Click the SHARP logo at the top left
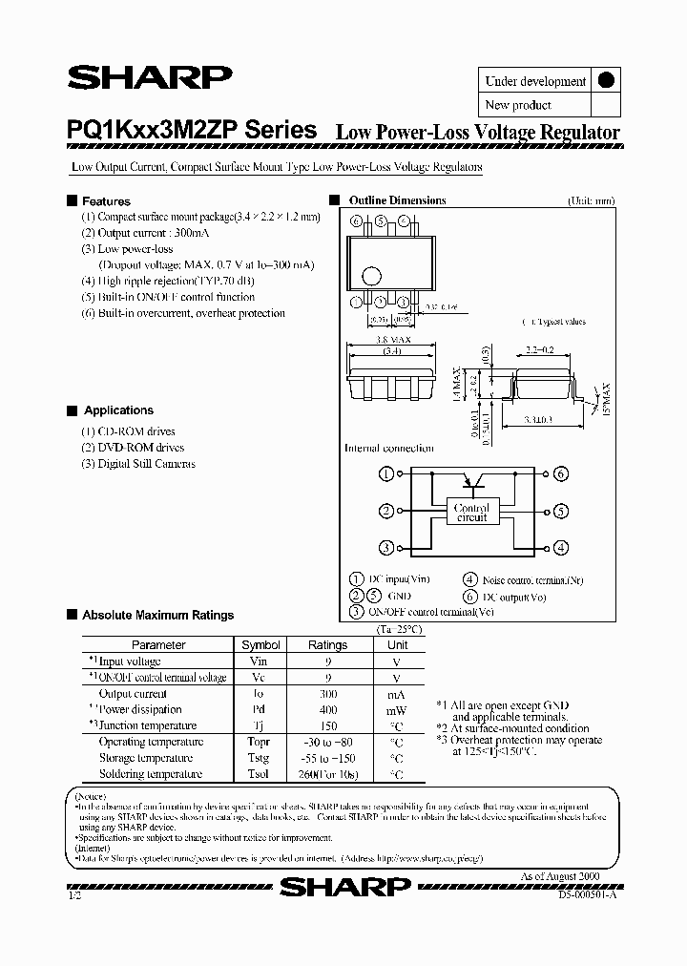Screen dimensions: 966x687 point(148,78)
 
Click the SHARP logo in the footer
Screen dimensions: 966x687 point(345,888)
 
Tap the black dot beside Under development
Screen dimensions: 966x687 point(604,81)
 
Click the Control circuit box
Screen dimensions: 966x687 point(471,513)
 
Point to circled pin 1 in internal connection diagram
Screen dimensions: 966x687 point(386,473)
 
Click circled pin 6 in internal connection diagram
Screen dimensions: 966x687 point(560,473)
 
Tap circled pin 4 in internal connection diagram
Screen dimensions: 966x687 point(560,548)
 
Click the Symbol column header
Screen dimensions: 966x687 point(260,645)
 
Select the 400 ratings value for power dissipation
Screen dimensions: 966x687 point(328,710)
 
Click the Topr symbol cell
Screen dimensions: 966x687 point(260,742)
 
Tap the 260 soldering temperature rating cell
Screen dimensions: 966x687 point(328,774)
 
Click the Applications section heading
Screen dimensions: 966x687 point(118,410)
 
